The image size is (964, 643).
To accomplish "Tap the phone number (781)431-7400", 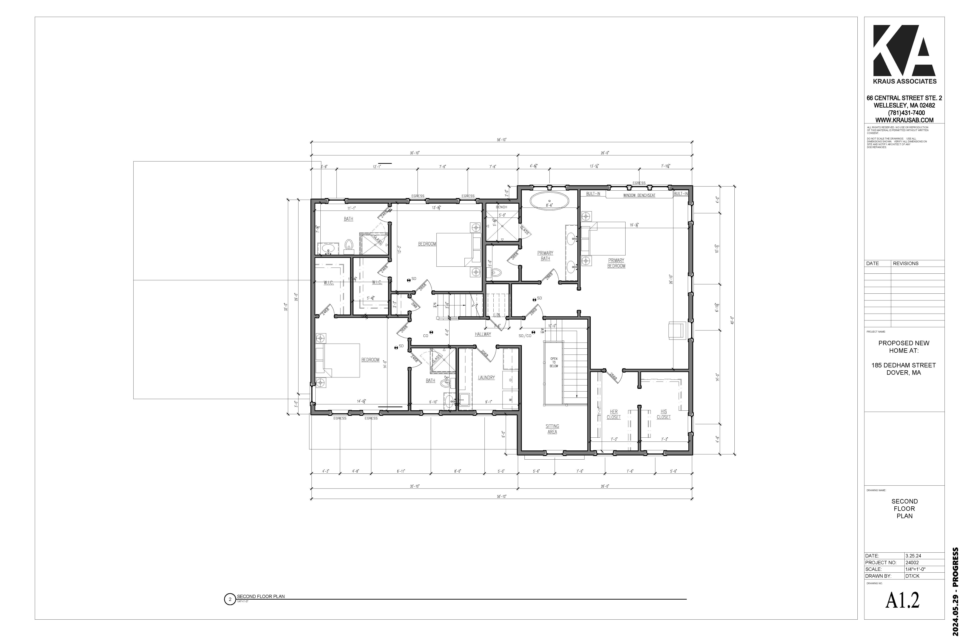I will (904, 113).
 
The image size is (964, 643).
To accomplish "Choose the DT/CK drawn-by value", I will (912, 576).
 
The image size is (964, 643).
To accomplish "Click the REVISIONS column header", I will (905, 263).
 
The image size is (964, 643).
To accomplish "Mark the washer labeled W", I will (510, 399).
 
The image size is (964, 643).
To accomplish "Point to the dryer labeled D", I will (510, 380).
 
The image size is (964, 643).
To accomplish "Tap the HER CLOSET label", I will (614, 414).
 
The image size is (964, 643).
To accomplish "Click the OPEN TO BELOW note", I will (554, 362).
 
